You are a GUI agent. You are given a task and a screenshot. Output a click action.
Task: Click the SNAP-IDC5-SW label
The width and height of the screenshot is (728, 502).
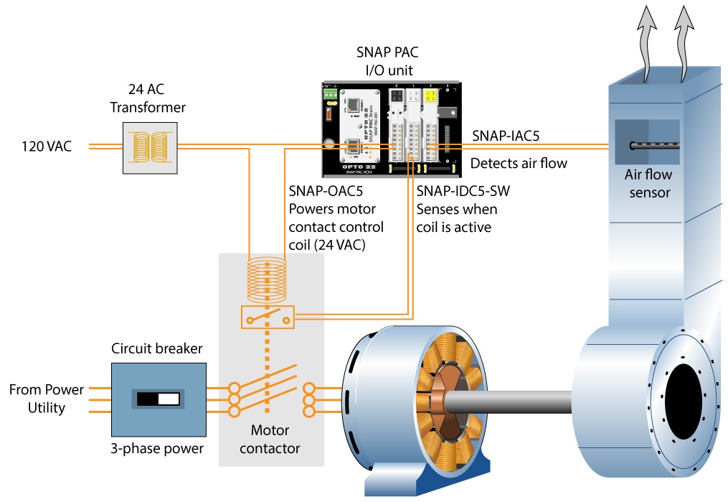(x=463, y=192)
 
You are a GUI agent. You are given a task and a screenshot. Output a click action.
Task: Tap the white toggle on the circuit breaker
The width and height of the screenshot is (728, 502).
(x=168, y=399)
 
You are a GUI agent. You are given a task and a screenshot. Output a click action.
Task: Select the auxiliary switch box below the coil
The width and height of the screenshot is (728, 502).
(x=268, y=317)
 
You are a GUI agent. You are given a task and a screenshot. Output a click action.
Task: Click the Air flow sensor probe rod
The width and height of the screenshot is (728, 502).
(x=653, y=146)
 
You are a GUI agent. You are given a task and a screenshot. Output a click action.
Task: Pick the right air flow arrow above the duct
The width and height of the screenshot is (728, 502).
(x=686, y=43)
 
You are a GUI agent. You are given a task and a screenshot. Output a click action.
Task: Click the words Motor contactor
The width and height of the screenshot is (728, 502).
(x=270, y=440)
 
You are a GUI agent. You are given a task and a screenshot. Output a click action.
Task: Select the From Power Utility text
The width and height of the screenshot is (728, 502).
(x=46, y=399)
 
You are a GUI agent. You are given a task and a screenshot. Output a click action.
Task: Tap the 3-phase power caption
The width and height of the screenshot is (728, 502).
(x=156, y=449)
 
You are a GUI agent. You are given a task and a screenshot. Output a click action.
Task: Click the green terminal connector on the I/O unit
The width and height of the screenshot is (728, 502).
(x=329, y=93)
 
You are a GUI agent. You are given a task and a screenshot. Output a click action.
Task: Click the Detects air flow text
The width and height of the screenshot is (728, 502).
(x=518, y=164)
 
